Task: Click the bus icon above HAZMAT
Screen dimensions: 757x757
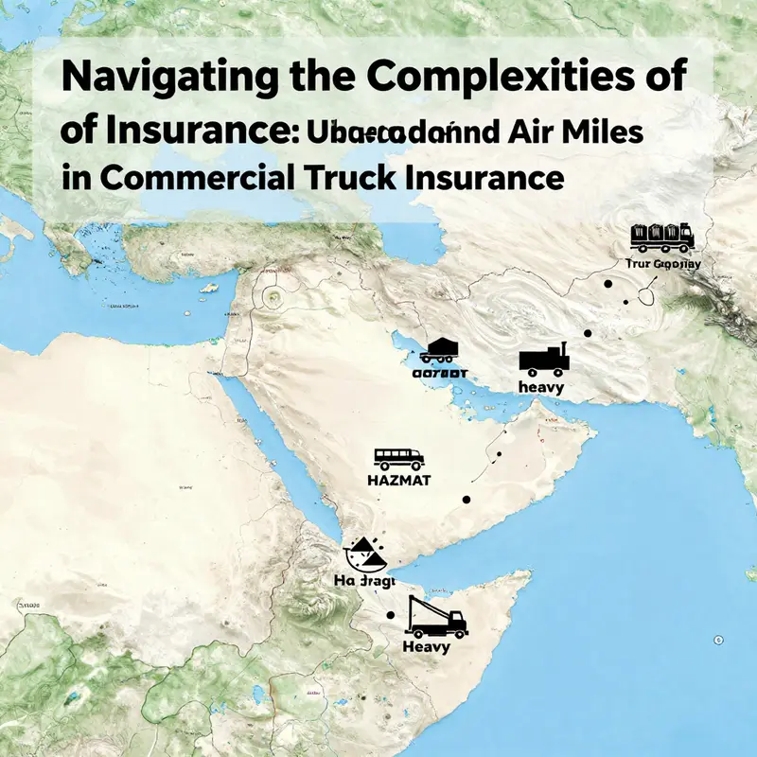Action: click(x=399, y=458)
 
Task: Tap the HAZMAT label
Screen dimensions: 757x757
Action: click(x=398, y=481)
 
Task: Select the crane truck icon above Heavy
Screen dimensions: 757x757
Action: click(x=435, y=618)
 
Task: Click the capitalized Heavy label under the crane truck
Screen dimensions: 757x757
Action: click(x=427, y=647)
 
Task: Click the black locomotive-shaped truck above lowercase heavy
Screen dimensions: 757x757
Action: click(x=543, y=359)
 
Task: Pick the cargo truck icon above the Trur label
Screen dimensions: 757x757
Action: click(x=662, y=237)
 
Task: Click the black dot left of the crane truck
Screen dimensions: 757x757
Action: click(x=390, y=615)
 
